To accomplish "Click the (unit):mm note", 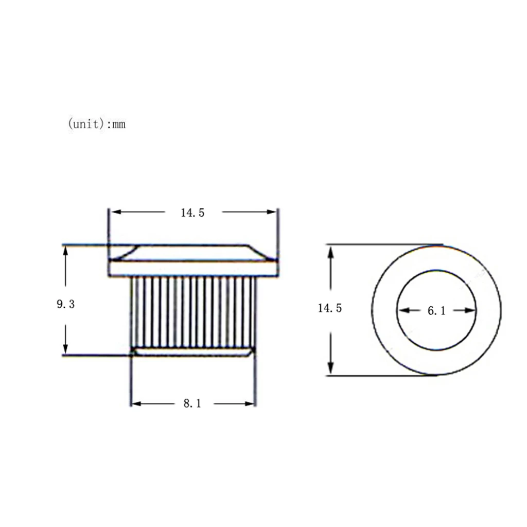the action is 97,124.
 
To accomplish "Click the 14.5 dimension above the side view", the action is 192,213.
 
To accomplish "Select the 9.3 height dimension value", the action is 65,304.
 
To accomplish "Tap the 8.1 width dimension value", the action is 192,403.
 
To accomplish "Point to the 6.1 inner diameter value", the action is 436,311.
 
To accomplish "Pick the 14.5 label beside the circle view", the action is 330,308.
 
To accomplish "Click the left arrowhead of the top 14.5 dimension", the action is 116,212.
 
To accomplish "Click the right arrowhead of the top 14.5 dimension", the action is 271,212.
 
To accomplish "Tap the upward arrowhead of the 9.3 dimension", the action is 65,251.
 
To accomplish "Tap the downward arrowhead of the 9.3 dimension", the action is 65,348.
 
